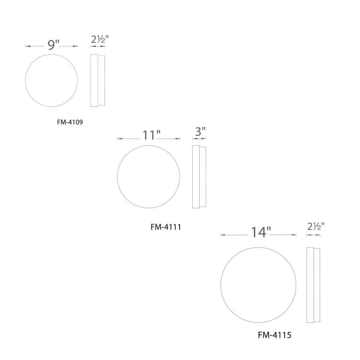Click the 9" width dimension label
point(53,45)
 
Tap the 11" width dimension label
point(151,136)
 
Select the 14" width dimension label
point(261,232)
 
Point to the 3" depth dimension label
point(200,132)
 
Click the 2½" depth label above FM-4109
point(98,40)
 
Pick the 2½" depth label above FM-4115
point(315,227)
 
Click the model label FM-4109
point(70,122)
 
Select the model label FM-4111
point(166,227)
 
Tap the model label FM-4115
point(274,335)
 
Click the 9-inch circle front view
point(51,80)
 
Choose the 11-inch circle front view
point(148,177)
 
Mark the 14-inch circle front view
point(258,285)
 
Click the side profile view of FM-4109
point(98,80)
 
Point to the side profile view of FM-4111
point(199,177)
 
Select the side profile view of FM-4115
point(313,285)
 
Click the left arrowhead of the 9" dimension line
point(27,46)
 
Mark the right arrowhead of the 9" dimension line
point(76,46)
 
